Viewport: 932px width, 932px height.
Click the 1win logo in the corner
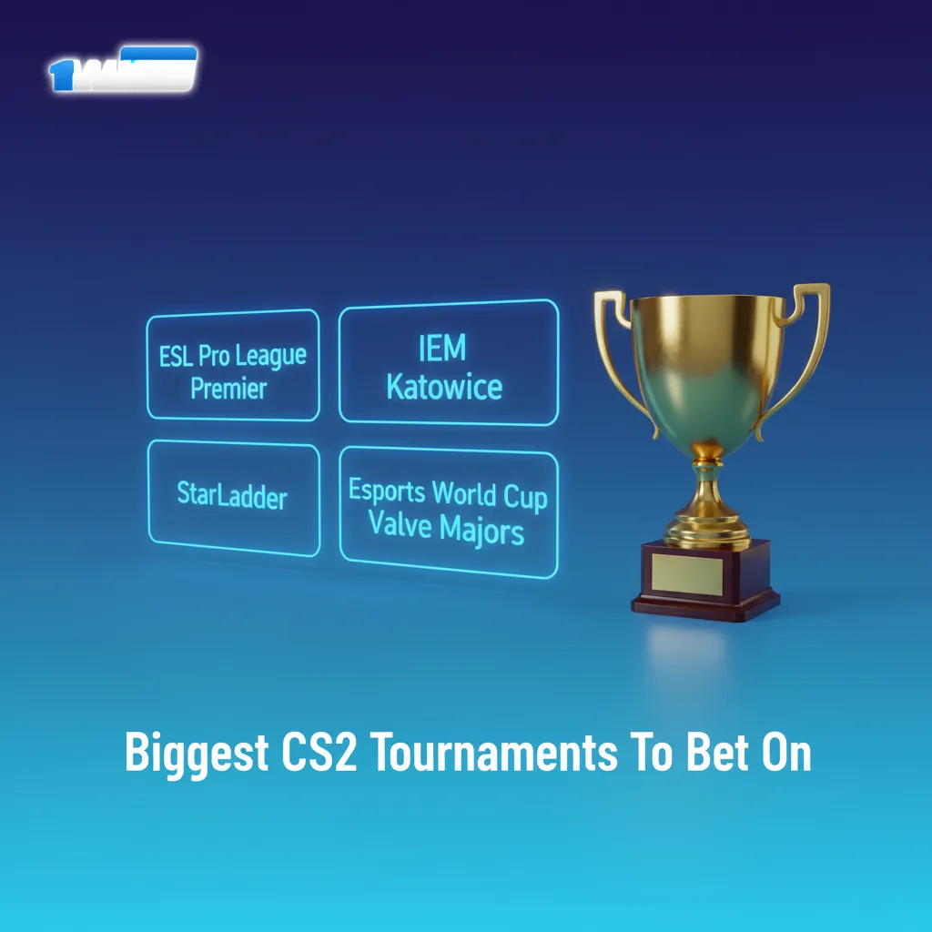[x=122, y=70]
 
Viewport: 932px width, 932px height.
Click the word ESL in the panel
[x=176, y=356]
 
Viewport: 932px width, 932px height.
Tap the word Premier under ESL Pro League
[x=228, y=389]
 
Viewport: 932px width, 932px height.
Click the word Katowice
[x=444, y=387]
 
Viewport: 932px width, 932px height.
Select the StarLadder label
[x=232, y=498]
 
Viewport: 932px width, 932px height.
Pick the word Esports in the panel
[x=387, y=491]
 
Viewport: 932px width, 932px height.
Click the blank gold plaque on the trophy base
[x=687, y=570]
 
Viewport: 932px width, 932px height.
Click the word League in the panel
[x=271, y=357]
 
